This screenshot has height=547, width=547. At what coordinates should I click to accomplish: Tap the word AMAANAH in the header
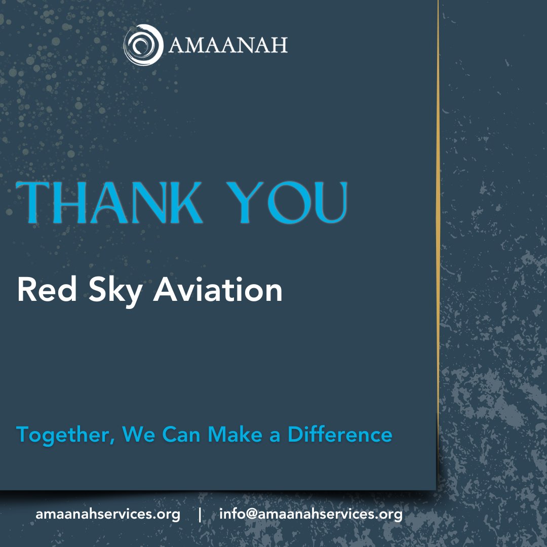228,46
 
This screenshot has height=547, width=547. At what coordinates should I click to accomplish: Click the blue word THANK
109,203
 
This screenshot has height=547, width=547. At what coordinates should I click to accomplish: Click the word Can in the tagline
182,435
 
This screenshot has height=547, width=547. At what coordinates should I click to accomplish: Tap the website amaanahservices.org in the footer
108,515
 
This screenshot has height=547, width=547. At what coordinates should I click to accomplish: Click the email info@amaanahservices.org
311,515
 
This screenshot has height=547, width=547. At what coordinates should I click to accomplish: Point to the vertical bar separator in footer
200,515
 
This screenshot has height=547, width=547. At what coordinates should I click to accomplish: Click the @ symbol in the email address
252,515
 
